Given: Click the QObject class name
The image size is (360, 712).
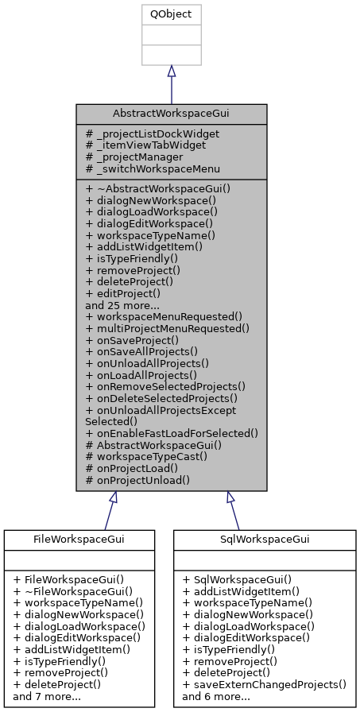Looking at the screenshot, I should (x=171, y=14).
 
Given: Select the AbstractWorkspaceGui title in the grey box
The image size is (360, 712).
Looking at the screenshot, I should (x=171, y=114).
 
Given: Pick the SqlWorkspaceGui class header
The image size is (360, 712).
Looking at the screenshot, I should (x=265, y=540).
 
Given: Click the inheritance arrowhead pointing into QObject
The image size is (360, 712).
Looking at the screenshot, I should (x=171, y=72).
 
